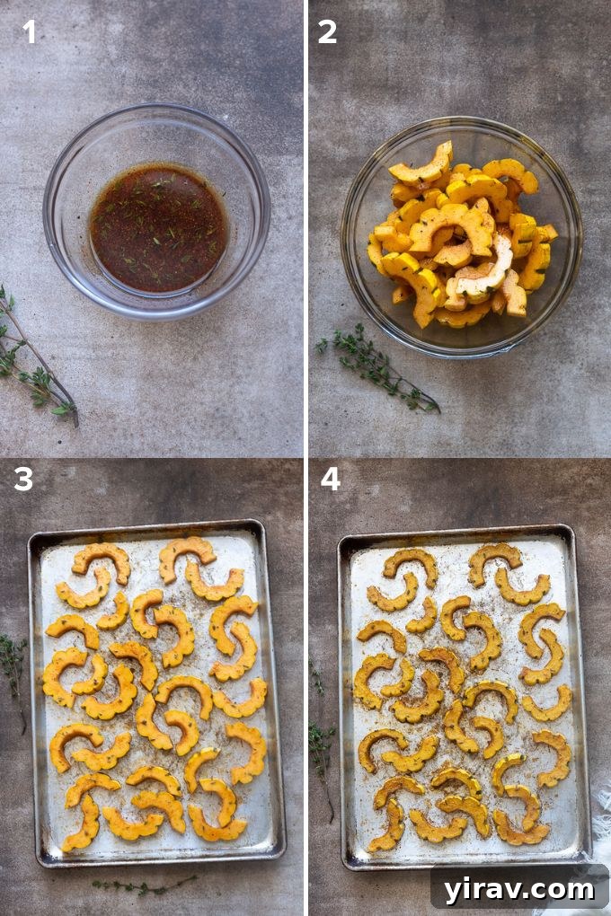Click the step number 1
point(30,32)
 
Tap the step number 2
point(327,32)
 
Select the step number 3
point(23,479)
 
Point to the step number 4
point(331,479)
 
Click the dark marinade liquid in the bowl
point(158,226)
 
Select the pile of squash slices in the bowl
point(458,238)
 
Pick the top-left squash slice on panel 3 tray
point(102,559)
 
